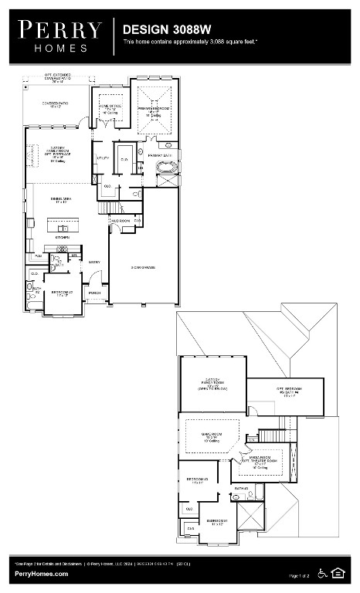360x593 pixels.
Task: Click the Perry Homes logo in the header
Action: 59,36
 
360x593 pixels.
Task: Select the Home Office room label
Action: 111,110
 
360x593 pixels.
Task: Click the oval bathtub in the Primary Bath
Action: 167,168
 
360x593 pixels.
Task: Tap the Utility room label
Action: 103,158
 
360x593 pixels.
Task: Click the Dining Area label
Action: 63,200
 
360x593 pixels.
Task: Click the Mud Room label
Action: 120,221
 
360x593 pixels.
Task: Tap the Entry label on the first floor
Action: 95,263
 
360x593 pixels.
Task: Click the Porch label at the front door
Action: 95,294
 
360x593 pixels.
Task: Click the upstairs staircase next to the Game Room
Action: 272,435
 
